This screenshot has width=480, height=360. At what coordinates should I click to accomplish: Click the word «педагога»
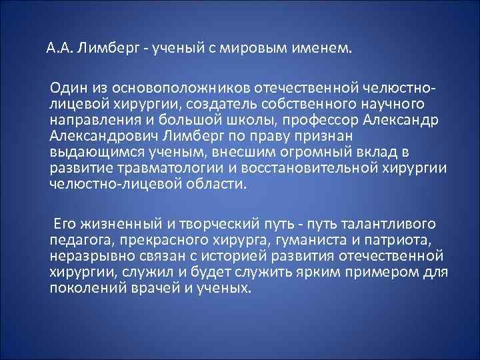click(75, 240)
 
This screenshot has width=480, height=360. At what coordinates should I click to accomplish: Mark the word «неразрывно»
click(81, 256)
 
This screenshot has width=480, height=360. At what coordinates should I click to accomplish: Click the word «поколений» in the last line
click(83, 288)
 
